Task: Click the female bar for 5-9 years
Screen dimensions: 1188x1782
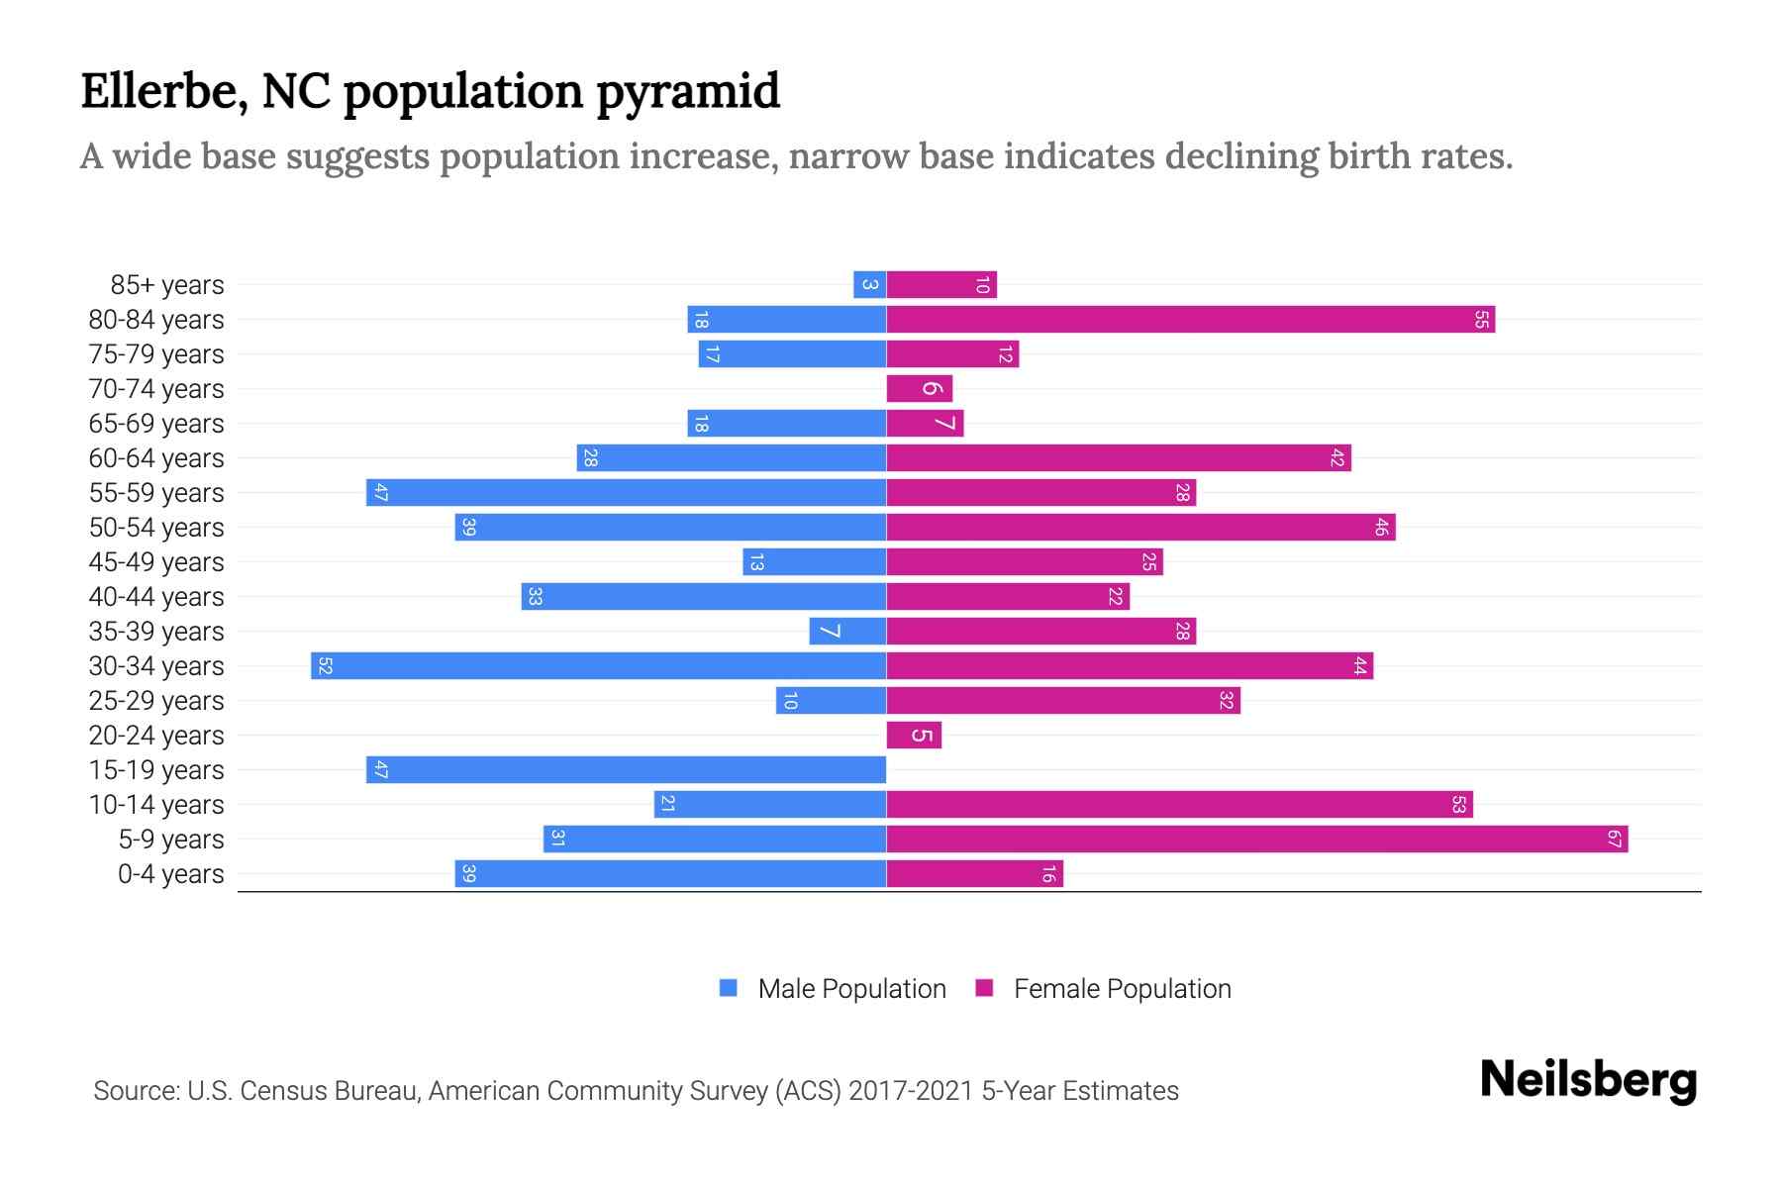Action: [x=1256, y=840]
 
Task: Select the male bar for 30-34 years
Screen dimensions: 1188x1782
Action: [x=598, y=666]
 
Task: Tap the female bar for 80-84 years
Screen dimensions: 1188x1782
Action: [x=1190, y=320]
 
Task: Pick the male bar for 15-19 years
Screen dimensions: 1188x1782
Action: [x=626, y=770]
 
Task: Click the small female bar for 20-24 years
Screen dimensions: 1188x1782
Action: [x=914, y=736]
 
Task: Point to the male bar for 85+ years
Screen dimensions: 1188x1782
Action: [x=869, y=285]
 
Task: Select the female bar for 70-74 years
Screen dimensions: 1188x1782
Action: [x=919, y=389]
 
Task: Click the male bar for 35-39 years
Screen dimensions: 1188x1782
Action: [x=847, y=632]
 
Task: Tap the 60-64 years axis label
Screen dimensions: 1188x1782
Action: [x=156, y=458]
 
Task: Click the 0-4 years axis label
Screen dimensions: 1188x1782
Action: [x=170, y=874]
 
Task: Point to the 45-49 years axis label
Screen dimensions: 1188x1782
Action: [x=156, y=562]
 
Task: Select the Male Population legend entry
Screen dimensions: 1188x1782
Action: [x=850, y=989]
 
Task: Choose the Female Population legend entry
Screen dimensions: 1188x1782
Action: [x=1122, y=989]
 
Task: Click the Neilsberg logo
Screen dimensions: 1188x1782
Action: [x=1588, y=1080]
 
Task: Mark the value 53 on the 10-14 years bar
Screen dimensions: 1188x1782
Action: [x=1458, y=805]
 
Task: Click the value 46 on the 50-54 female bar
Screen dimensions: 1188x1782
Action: [x=1381, y=528]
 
